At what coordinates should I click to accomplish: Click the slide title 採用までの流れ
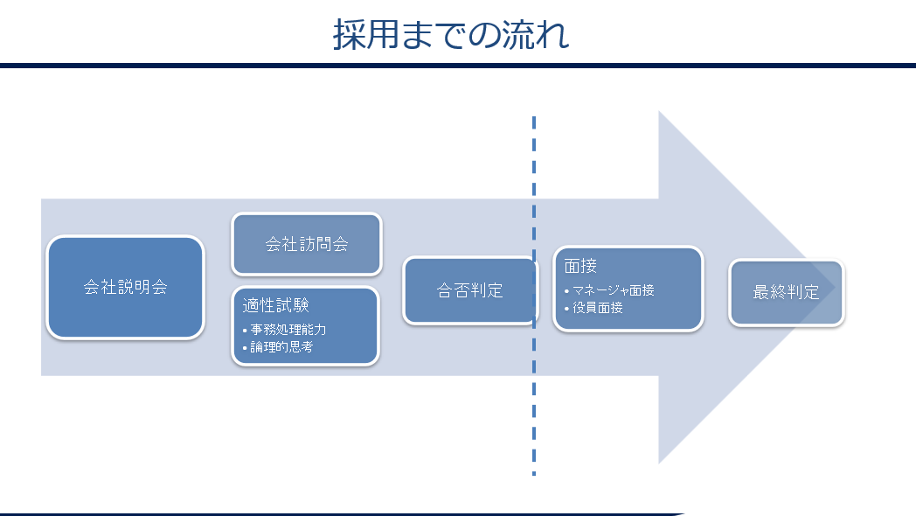[451, 34]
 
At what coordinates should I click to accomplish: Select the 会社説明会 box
[126, 287]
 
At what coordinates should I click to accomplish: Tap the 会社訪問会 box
[307, 244]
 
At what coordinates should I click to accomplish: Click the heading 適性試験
[275, 305]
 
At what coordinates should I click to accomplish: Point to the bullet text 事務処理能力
[288, 330]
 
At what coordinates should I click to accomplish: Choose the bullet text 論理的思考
[281, 347]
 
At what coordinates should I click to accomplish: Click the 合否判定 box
[470, 290]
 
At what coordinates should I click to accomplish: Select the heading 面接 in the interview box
[580, 266]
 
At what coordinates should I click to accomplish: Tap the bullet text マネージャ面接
[613, 290]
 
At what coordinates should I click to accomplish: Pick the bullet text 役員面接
[598, 307]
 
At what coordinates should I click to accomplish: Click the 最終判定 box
[787, 292]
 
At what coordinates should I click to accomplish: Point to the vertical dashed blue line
[534, 296]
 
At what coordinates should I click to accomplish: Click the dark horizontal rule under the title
[458, 66]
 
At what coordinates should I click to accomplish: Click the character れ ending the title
[553, 35]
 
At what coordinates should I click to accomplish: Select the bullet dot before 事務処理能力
[245, 331]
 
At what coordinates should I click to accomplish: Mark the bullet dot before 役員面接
[566, 309]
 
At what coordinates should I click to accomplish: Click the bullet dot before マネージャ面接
[566, 291]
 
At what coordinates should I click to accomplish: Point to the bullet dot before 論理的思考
[245, 348]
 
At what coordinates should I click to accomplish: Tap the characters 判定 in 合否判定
[487, 290]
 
